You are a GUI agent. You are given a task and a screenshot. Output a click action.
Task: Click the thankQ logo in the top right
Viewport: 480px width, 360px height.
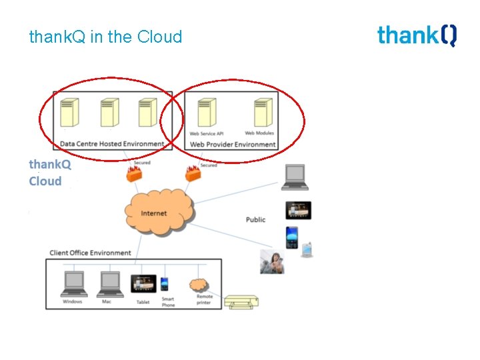[x=417, y=35]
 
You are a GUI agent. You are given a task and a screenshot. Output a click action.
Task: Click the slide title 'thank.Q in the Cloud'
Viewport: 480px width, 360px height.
[x=105, y=37]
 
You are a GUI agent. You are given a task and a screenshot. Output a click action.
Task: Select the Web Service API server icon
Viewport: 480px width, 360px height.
[x=207, y=113]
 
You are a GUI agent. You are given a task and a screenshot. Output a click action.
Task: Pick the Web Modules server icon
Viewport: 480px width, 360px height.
[x=263, y=113]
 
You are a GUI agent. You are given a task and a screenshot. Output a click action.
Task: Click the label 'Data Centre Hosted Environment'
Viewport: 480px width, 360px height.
[x=111, y=143]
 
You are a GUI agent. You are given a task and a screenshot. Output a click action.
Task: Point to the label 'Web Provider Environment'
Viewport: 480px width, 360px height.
[x=233, y=144]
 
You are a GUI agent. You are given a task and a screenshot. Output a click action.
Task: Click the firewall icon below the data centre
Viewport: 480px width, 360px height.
[x=133, y=175]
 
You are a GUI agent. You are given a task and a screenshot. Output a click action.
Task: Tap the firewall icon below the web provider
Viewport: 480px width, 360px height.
[x=193, y=175]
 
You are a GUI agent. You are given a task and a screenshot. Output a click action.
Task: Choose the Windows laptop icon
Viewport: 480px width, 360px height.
[x=73, y=285]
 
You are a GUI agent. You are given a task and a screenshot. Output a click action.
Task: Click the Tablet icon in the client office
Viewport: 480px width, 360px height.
[x=143, y=284]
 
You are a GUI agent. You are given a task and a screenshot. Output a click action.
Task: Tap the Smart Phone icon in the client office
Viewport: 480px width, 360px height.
[x=165, y=284]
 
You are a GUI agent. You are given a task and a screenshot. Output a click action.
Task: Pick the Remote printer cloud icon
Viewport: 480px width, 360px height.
[x=199, y=285]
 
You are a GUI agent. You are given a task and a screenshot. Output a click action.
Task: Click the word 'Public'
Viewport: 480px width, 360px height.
[x=255, y=219]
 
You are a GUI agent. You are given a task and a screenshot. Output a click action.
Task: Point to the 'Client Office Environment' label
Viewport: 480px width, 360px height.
[x=90, y=253]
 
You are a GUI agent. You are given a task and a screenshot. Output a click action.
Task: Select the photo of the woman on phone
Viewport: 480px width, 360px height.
[x=272, y=261]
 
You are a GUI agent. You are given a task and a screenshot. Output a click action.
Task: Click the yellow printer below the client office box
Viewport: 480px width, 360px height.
[x=241, y=302]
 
